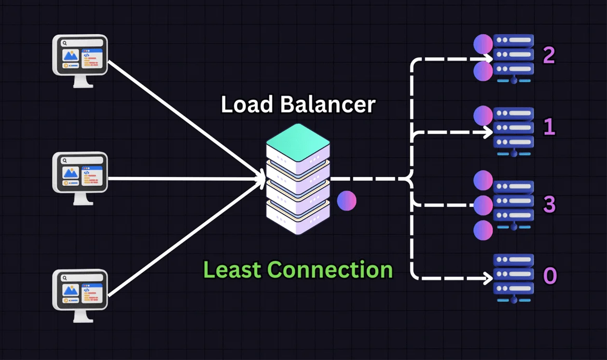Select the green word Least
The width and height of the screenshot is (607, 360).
pos(231,270)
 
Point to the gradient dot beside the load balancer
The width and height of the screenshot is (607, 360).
pos(347,201)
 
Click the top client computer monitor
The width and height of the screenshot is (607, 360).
pos(81,56)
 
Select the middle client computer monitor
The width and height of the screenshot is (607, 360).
pos(81,173)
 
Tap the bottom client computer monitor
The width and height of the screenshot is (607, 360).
pos(81,290)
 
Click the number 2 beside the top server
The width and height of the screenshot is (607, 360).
pos(548,56)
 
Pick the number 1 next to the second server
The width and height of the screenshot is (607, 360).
pos(548,128)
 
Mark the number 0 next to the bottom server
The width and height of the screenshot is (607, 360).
pos(549,276)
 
